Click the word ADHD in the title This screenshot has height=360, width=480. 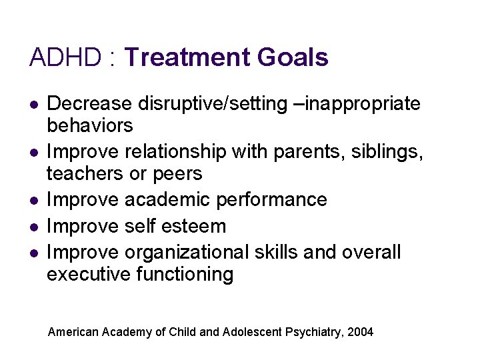(x=64, y=57)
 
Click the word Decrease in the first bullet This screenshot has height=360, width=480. (x=90, y=103)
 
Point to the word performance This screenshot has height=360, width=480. (x=273, y=200)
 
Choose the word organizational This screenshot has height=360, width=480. (x=186, y=253)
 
